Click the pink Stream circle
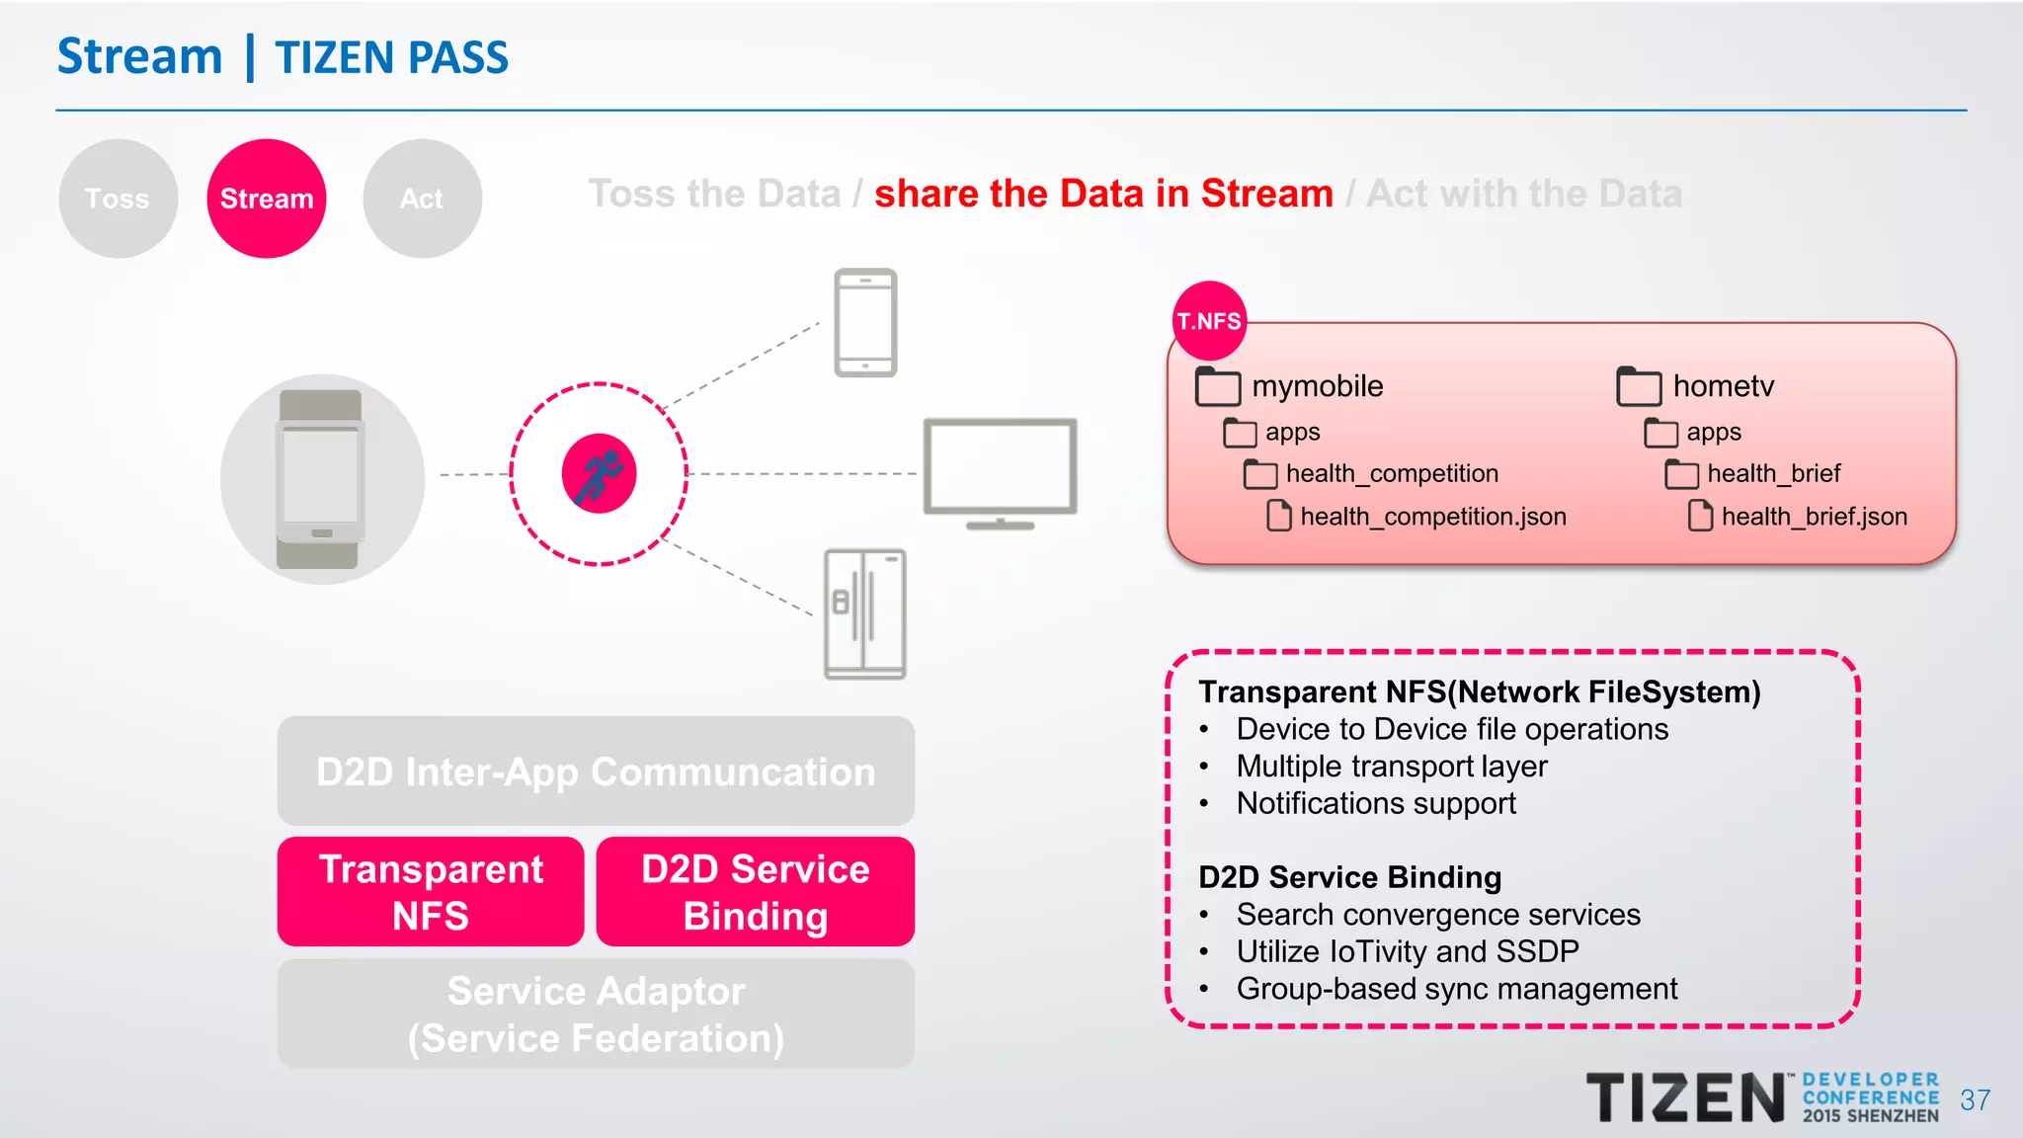[267, 199]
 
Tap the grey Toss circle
[118, 199]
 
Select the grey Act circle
[422, 199]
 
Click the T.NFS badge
[1209, 321]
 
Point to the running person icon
[599, 474]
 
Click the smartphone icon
[865, 323]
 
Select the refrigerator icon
[865, 614]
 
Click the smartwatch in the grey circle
[320, 479]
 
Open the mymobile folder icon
[1217, 386]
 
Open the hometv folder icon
[1639, 386]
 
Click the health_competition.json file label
[1432, 517]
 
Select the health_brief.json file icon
[1700, 516]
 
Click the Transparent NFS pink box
[431, 892]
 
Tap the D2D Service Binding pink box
[756, 892]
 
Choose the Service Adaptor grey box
[596, 1015]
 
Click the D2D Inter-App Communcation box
[596, 772]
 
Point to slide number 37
[1975, 1100]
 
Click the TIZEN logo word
[1685, 1098]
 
